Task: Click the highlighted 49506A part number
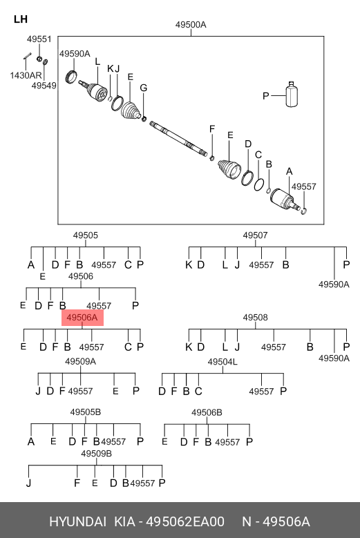82,318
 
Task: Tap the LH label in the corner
21,19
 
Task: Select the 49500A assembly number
191,25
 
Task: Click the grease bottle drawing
292,94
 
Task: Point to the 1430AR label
26,75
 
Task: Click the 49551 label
39,39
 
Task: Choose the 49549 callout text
44,86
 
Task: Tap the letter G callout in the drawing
144,88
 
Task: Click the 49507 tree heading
255,236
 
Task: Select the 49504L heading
222,362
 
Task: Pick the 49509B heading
97,454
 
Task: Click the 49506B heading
207,412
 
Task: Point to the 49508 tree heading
255,318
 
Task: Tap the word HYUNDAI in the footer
78,521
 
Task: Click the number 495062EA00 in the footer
185,521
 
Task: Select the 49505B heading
86,412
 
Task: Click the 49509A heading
81,362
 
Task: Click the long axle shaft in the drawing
178,139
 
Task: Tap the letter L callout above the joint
97,61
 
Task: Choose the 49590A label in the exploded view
75,54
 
